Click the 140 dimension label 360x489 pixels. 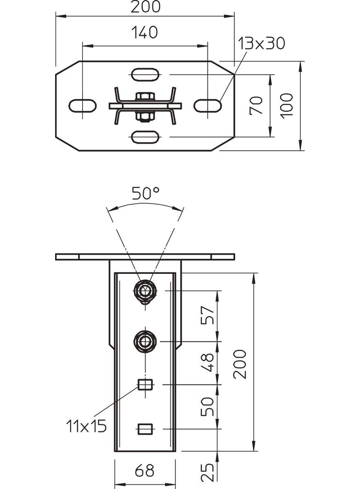(x=144, y=32)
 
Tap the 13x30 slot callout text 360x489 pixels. (x=262, y=43)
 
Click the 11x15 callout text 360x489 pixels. (x=86, y=426)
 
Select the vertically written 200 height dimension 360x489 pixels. (x=240, y=364)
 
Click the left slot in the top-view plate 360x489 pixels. (x=83, y=105)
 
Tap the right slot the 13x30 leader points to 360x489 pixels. (x=208, y=105)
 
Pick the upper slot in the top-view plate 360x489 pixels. (x=145, y=74)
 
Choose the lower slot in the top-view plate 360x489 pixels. (x=145, y=136)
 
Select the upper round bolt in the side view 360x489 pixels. (x=145, y=290)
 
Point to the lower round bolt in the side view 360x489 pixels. (x=145, y=341)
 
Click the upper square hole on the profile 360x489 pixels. (x=145, y=384)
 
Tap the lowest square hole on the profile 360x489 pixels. (x=145, y=429)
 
